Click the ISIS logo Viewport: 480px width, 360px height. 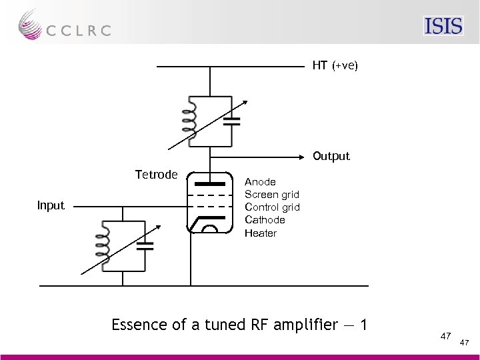[443, 26]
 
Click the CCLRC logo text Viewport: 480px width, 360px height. [78, 30]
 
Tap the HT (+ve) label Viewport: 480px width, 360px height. [335, 66]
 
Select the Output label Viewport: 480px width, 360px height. [331, 156]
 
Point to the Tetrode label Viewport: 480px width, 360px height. [156, 175]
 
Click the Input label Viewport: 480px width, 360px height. [51, 205]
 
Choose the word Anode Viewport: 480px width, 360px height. [260, 181]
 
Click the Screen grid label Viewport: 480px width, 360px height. [272, 194]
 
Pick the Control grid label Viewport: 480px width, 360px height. [272, 207]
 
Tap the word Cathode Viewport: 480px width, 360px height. [265, 219]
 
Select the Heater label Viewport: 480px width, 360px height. [260, 233]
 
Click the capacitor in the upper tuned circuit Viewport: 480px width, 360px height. [231, 121]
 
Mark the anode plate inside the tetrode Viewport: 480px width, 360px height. [210, 181]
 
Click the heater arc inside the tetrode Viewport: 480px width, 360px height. [210, 229]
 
